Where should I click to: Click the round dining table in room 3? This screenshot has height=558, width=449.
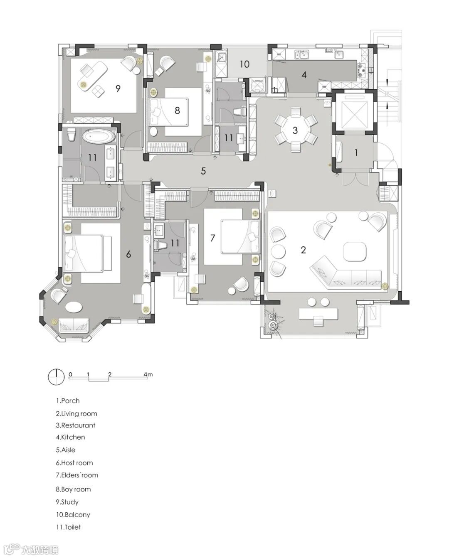point(295,130)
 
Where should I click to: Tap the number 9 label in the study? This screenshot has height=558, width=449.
point(118,88)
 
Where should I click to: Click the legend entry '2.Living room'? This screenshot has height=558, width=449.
point(76,413)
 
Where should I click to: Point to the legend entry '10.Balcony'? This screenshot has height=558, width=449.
point(73,514)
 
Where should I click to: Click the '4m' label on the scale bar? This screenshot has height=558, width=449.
point(148,374)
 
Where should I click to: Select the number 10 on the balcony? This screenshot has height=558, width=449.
point(244,64)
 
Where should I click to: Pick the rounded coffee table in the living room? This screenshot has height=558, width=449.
point(355,251)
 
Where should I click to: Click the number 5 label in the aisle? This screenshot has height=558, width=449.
point(203,171)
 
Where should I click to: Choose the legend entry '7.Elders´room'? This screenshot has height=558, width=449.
point(77,475)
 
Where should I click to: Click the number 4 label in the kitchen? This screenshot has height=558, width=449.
point(304,75)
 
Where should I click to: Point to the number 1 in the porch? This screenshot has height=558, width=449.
point(356,152)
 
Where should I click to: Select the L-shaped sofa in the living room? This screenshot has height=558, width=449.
point(345,274)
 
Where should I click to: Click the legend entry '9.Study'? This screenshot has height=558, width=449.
point(67,502)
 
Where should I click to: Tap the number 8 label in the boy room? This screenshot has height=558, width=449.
point(178,111)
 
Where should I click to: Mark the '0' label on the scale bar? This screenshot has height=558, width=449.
point(70,374)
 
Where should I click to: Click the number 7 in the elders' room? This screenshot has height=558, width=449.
point(212,238)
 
